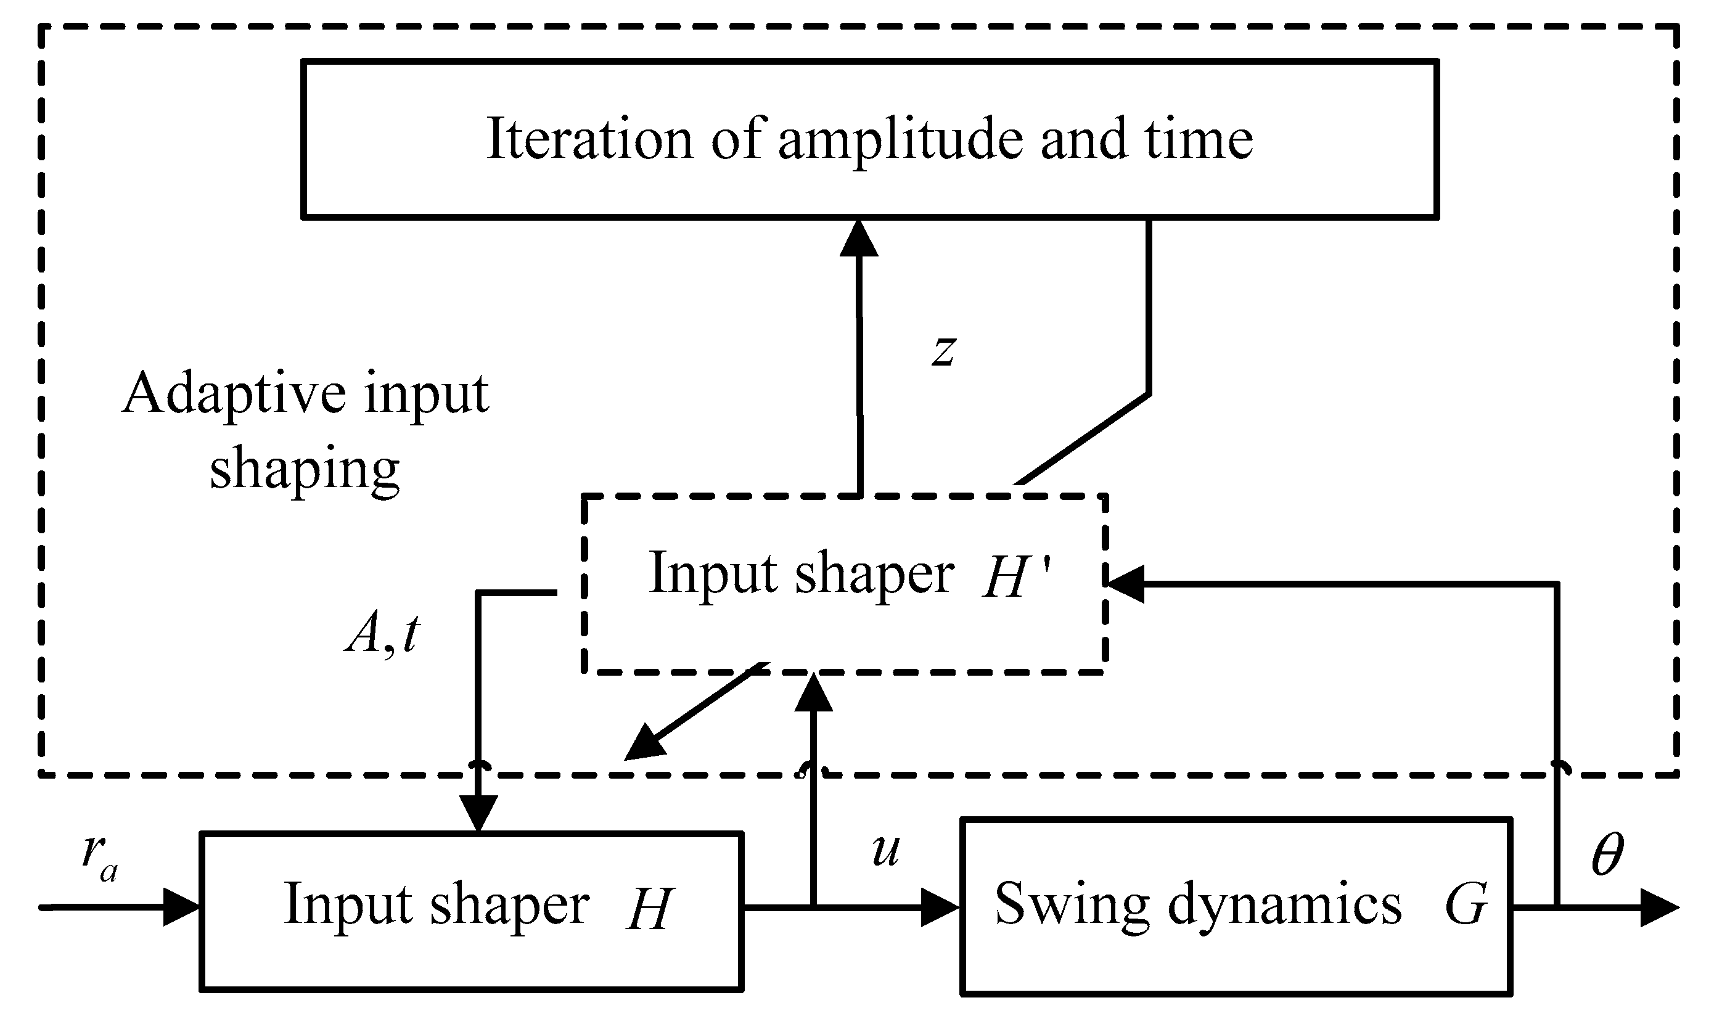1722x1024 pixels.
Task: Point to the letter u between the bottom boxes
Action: (x=885, y=850)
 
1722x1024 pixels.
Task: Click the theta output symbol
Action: (x=1607, y=854)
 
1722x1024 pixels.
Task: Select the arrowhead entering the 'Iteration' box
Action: (x=859, y=238)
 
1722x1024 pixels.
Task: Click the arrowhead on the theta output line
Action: (x=1659, y=907)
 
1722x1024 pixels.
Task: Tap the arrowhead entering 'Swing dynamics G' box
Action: (x=941, y=907)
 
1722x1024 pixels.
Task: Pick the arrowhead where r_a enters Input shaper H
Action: (x=181, y=907)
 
